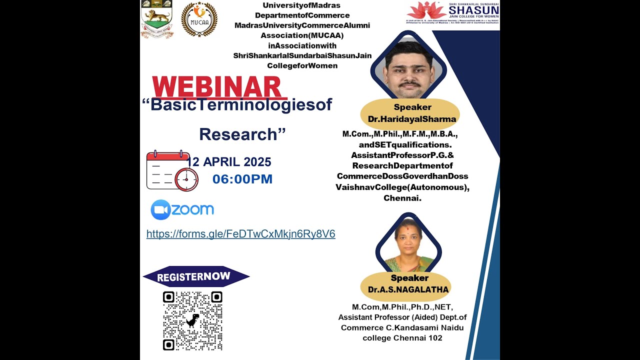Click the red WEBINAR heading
point(217,87)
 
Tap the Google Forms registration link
point(240,234)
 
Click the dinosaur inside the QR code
point(192,320)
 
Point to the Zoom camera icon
point(160,210)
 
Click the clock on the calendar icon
point(186,179)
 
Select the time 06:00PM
point(242,179)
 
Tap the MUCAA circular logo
point(199,19)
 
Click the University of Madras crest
point(156,19)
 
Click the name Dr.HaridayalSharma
point(412,119)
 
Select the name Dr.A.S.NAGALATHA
point(408,289)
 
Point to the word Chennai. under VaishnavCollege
point(402,198)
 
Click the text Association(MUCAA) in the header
point(302,35)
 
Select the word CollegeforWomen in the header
point(302,65)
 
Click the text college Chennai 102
point(402,337)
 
